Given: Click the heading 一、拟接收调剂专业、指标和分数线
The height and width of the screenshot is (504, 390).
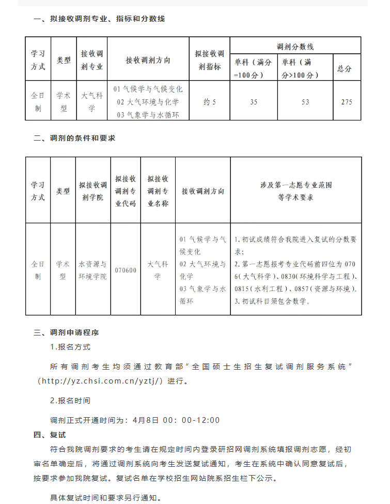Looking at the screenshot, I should point(99,19).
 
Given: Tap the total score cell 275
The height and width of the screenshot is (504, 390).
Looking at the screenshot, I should point(347,102).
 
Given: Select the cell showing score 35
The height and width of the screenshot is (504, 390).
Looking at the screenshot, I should point(253,102).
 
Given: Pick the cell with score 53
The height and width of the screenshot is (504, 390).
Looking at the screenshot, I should point(305,102).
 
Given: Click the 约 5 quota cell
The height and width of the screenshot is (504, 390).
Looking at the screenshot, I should point(210,102).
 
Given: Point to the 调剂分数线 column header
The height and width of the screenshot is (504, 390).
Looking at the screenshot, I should point(295,47).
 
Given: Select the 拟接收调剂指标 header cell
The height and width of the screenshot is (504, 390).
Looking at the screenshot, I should point(210,60).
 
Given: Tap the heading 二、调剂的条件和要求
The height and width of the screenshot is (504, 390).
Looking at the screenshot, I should point(74,138).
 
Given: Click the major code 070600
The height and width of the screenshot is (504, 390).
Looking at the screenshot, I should point(126,270).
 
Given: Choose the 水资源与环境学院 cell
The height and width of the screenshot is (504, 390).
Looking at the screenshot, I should point(93,270).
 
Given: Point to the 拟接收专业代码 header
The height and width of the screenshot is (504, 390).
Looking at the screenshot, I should point(126,191).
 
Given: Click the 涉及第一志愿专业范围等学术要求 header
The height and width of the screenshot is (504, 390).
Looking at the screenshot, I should point(295,191).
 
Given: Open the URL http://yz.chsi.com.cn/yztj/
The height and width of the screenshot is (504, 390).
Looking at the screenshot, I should point(102,381).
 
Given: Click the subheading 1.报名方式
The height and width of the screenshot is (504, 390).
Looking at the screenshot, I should point(70,347).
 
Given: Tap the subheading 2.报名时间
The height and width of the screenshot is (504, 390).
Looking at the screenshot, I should point(70,401).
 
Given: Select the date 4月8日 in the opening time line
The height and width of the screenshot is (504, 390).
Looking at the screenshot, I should point(145,420).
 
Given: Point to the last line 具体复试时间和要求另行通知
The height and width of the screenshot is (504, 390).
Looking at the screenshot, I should point(106,498).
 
